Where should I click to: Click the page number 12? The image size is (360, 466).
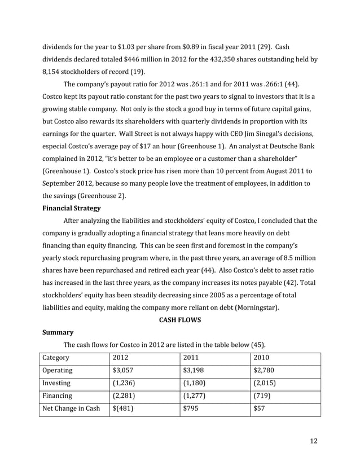click(x=314, y=441)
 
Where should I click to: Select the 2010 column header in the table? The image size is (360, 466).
click(x=262, y=358)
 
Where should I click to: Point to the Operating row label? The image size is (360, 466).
click(x=58, y=371)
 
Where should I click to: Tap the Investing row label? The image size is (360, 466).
click(x=57, y=384)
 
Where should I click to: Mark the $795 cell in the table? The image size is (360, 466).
click(x=192, y=409)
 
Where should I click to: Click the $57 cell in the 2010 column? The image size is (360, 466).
click(x=260, y=409)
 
